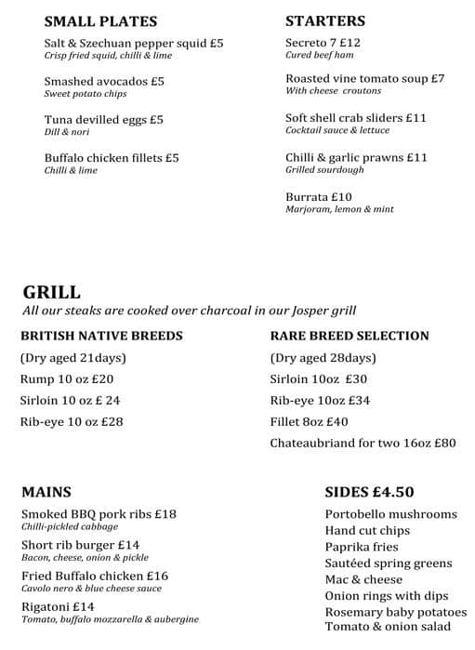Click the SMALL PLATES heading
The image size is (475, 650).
click(100, 21)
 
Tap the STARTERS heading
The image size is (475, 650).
click(325, 20)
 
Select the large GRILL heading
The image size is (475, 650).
click(51, 292)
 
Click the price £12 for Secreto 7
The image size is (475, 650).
click(350, 43)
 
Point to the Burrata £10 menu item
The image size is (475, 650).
click(319, 197)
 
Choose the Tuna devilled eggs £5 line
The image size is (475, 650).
click(103, 120)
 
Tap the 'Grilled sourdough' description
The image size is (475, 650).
click(324, 170)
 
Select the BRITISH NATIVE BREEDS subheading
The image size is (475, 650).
click(101, 336)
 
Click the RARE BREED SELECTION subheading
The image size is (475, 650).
click(350, 336)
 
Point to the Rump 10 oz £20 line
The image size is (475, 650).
click(66, 379)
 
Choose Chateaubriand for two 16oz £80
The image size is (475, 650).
click(363, 444)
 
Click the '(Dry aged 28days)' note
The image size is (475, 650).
click(323, 358)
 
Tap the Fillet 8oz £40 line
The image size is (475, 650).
click(309, 422)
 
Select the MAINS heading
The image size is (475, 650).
click(46, 492)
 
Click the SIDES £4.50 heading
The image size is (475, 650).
click(369, 492)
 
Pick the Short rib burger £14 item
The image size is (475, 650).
click(80, 545)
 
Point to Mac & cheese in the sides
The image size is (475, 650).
click(363, 579)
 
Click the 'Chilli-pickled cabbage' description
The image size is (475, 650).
click(71, 526)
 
